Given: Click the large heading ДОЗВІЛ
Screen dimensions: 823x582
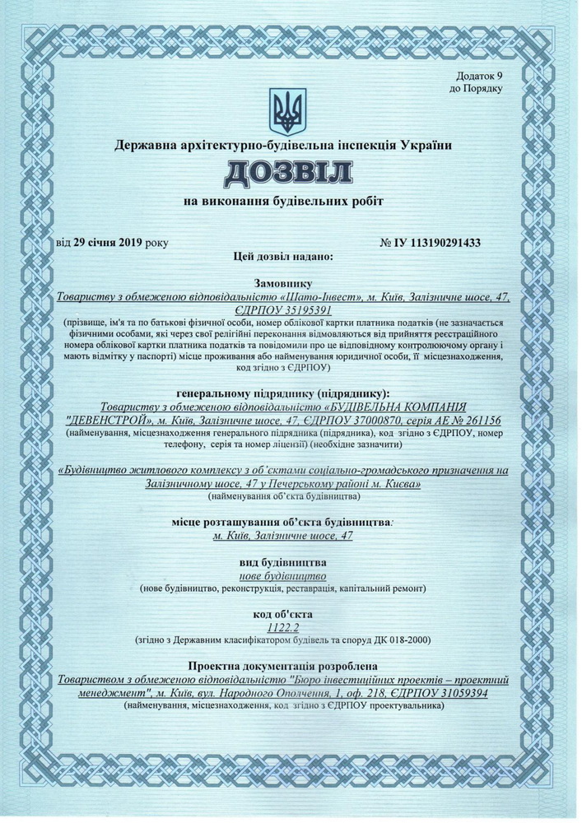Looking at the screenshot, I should (x=283, y=173).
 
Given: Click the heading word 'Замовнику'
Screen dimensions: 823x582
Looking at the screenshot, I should (x=283, y=281).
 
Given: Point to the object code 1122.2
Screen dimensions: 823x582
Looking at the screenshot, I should (x=283, y=627).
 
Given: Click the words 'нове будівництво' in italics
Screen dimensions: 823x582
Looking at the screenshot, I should (x=283, y=575).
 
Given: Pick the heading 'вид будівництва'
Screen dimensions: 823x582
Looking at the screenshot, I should (x=283, y=561).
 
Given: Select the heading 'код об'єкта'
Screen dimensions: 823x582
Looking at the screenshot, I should (x=283, y=613).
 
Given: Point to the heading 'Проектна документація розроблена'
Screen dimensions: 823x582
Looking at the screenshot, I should (x=283, y=665).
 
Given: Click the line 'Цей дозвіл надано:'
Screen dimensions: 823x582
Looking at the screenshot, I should (x=283, y=258).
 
